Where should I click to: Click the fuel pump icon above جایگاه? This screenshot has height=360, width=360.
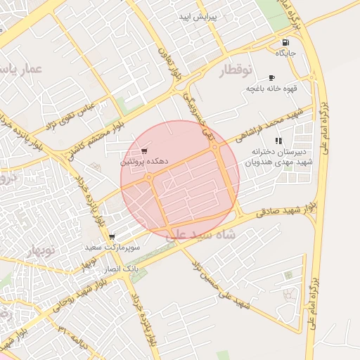click(x=285, y=42)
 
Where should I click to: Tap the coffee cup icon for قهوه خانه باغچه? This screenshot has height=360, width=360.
click(x=272, y=77)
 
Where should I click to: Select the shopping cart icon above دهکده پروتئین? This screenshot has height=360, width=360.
click(x=144, y=150)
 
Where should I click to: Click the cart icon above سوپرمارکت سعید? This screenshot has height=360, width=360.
click(x=112, y=238)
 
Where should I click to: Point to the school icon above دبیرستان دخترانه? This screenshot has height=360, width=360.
click(x=278, y=141)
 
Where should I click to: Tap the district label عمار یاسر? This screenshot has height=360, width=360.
click(x=23, y=70)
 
